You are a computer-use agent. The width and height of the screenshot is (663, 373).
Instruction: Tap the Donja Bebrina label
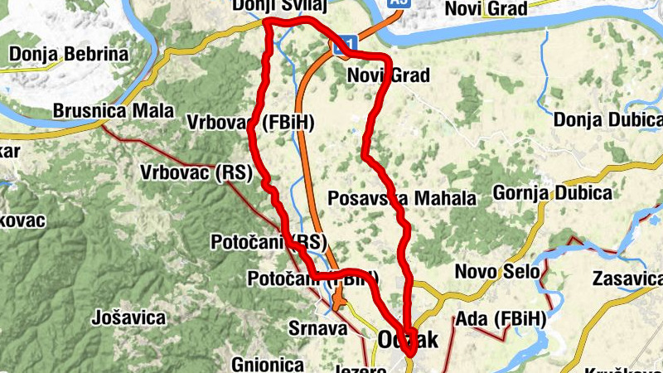[69, 56]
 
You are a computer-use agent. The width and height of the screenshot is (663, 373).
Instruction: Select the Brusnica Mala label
[114, 110]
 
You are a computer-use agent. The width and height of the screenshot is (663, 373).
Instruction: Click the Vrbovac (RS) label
[196, 173]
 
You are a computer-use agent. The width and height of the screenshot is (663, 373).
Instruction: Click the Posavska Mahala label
[402, 198]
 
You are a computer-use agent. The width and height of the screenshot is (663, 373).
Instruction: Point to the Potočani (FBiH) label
[312, 279]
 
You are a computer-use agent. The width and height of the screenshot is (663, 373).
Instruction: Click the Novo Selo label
[497, 271]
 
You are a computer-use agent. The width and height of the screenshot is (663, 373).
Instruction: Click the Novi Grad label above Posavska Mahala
[388, 76]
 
